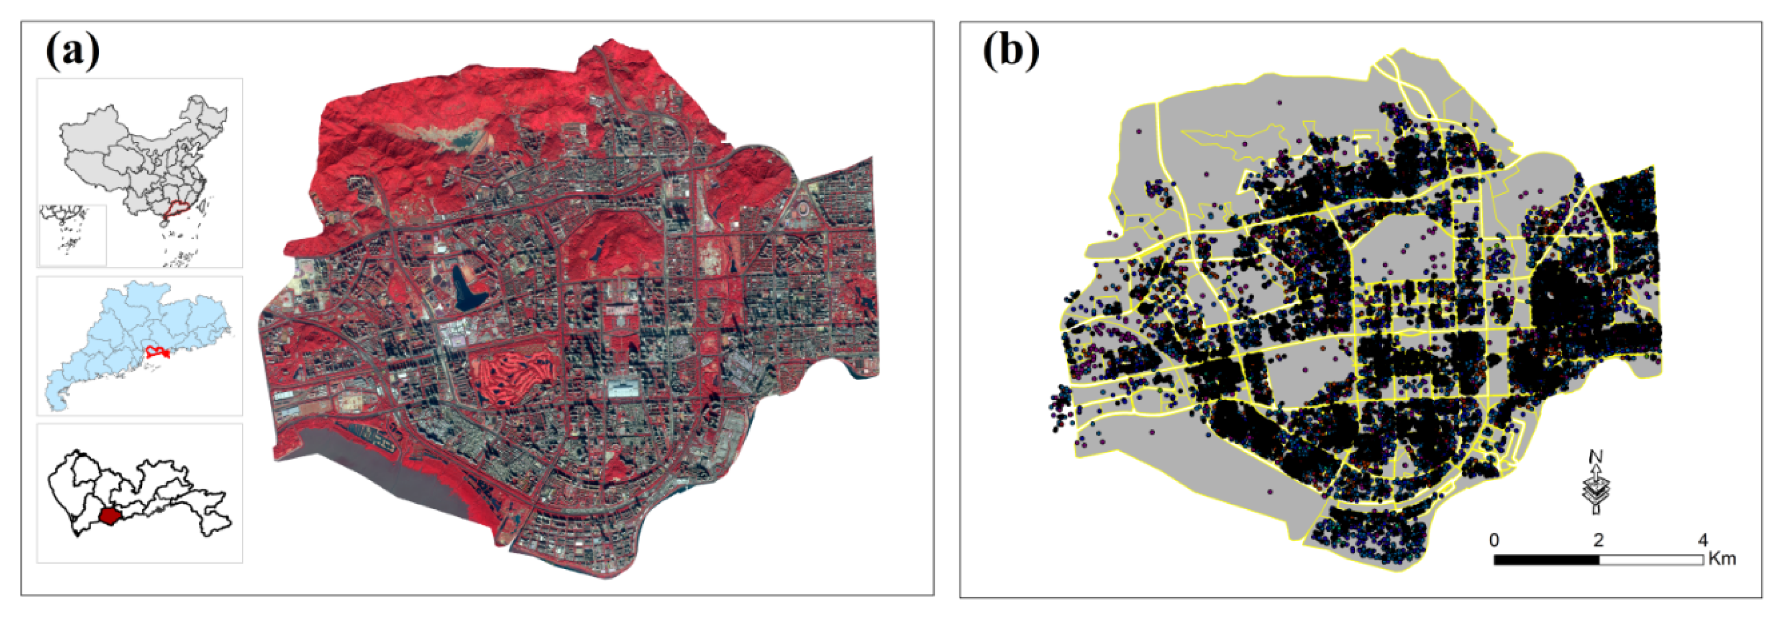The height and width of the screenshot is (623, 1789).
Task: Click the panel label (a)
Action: (72, 52)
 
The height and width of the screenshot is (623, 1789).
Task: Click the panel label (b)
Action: (1010, 52)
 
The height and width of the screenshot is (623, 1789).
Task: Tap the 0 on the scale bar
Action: (1493, 540)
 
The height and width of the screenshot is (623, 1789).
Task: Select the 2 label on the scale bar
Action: (1598, 540)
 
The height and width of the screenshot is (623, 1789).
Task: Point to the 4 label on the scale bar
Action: (1702, 540)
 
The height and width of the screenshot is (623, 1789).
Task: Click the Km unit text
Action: (1722, 558)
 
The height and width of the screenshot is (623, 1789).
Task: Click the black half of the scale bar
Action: (1546, 559)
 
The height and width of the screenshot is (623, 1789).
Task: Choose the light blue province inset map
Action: (139, 345)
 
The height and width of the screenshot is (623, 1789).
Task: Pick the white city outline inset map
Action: (139, 493)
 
